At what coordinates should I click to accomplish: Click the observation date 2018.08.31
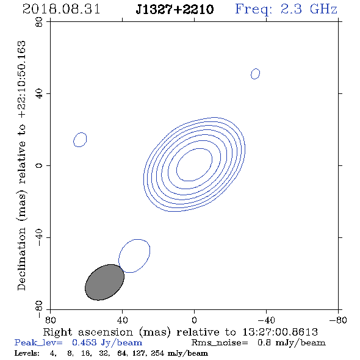pos(61,9)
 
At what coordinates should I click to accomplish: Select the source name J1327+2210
pos(175,10)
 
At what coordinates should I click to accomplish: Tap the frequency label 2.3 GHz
pos(309,9)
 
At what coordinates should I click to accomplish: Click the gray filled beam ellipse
pos(104,282)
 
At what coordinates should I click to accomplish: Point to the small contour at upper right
pos(255,74)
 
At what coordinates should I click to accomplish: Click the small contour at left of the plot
pos(80,140)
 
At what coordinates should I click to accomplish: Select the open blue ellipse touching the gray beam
pos(134,256)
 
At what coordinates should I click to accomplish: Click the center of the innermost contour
pos(194,164)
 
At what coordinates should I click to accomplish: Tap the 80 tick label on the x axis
pos(50,320)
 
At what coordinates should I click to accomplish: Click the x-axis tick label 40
pos(122,320)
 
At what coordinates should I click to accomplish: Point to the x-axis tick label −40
pos(266,320)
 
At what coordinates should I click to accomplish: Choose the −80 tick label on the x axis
pos(338,320)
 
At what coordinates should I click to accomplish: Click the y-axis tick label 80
pos(39,22)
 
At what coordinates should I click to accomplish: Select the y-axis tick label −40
pos(39,237)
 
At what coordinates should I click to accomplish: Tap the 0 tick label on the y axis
pos(39,165)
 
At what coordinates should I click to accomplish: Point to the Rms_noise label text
pos(220,343)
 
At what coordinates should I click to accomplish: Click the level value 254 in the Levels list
pos(157,353)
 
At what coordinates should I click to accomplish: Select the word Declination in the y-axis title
pos(21,259)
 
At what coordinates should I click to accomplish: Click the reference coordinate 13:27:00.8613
pos(280,332)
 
